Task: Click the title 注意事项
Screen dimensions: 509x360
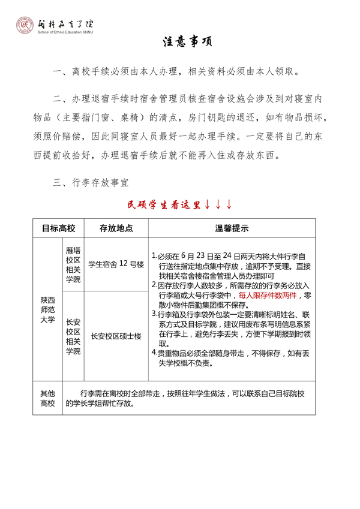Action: tap(187, 43)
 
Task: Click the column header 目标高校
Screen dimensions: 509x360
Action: tap(58, 228)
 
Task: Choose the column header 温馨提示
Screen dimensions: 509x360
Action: tap(232, 228)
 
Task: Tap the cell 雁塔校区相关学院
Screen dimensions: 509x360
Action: tap(73, 264)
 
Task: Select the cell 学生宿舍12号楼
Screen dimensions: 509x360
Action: tap(116, 264)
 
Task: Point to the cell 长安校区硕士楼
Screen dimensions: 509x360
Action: tap(116, 336)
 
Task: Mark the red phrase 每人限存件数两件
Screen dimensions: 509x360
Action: tap(267, 296)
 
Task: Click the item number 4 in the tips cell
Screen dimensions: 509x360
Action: tap(154, 353)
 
